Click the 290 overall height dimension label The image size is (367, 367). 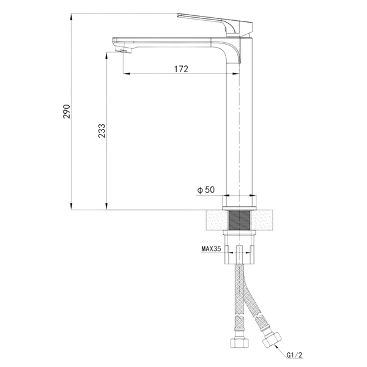pos(67,111)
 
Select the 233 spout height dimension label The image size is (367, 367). pos(102,131)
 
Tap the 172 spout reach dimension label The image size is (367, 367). pos(181,69)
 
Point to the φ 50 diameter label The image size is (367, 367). pos(206,190)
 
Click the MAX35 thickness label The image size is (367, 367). pos(211,248)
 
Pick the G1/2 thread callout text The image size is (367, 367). pos(295,355)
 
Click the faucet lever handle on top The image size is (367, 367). pos(215,24)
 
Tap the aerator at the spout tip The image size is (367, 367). pos(124,50)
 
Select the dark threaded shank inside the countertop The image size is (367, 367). pos(239,220)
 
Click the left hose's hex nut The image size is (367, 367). pos(239,343)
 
